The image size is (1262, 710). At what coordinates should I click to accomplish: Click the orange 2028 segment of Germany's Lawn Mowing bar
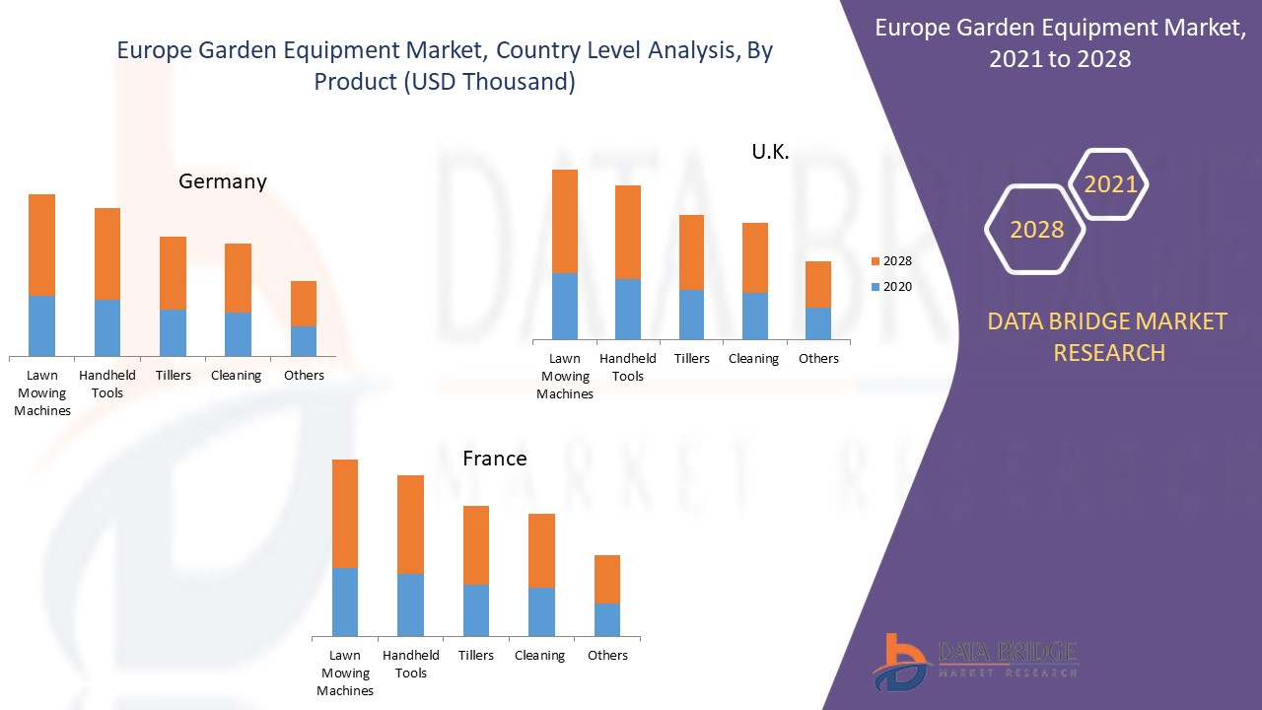click(x=41, y=245)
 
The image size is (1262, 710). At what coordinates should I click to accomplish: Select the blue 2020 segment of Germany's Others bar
click(x=304, y=340)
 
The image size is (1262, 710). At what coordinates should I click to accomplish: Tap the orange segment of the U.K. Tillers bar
click(x=691, y=252)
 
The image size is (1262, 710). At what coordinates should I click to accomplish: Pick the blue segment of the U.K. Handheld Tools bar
click(x=628, y=309)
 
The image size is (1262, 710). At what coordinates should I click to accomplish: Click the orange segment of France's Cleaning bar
click(x=541, y=550)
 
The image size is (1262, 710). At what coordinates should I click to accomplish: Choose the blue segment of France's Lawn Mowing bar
click(x=345, y=602)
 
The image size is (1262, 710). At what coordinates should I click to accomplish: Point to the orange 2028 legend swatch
click(x=875, y=261)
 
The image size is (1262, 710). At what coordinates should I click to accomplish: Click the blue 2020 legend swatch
click(x=875, y=287)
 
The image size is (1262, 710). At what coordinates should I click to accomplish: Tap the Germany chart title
click(x=223, y=181)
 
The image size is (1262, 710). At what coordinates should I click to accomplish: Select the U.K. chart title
click(x=770, y=152)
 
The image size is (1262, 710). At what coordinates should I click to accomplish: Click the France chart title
click(x=495, y=459)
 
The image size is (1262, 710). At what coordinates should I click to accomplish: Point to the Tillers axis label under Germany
click(x=174, y=375)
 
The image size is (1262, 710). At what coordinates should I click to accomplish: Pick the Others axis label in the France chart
click(x=607, y=655)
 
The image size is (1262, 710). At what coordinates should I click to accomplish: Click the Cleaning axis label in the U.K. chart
click(x=753, y=358)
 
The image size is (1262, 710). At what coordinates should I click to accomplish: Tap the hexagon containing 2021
click(x=1110, y=184)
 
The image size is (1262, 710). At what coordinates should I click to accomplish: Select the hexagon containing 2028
click(x=1036, y=230)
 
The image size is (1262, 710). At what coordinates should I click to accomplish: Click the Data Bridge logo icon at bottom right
click(x=901, y=662)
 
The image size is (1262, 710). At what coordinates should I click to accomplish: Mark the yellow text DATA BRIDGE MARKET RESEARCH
click(x=1109, y=336)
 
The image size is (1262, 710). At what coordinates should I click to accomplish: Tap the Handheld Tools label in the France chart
click(x=411, y=664)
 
